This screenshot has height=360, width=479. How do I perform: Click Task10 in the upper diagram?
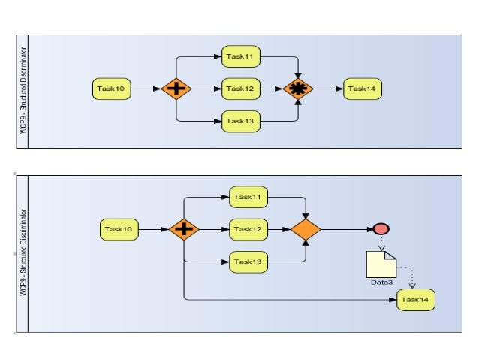point(112,89)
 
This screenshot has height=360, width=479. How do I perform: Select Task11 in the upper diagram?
point(241,56)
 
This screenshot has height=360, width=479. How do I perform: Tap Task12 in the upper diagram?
point(241,89)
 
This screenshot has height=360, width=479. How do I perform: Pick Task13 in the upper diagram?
point(241,121)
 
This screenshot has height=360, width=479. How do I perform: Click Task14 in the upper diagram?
point(363,89)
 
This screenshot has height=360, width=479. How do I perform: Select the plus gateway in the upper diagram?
point(176,89)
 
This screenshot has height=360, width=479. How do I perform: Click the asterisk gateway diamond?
point(299,89)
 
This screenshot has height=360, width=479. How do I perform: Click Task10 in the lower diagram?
point(119,229)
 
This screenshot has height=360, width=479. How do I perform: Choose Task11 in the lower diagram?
point(249,197)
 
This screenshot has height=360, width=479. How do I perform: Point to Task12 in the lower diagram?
point(249,229)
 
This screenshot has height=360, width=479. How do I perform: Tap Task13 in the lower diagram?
point(249,262)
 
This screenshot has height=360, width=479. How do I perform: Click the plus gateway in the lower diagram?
point(184,229)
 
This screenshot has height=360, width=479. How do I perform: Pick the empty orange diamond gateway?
point(306,229)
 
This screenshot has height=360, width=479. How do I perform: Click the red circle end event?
point(381,229)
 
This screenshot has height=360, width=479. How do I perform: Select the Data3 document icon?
point(381,264)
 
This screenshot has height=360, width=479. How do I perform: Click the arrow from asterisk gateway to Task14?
point(329,89)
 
